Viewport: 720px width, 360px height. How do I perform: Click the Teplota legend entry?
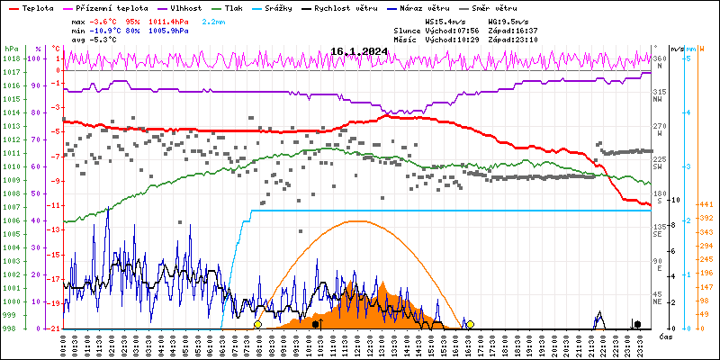[x=38, y=7]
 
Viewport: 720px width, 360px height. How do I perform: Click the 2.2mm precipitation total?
[x=214, y=21]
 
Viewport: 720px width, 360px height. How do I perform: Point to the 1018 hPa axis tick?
[x=11, y=58]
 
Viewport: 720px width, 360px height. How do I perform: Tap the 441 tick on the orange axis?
[x=707, y=204]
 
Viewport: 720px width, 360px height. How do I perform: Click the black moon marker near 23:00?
[x=637, y=324]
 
